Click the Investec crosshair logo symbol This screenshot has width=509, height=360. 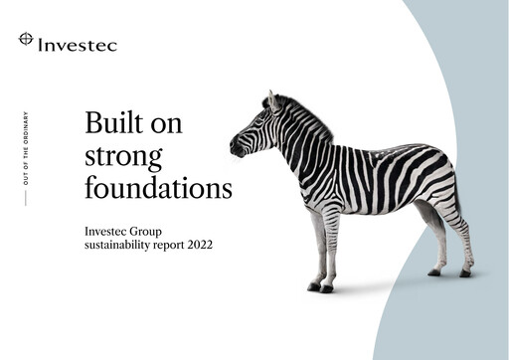pyautogui.click(x=26, y=40)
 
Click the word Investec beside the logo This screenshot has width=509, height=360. pyautogui.click(x=77, y=44)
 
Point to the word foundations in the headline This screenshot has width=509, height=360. pyautogui.click(x=157, y=187)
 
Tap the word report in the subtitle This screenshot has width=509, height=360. pyautogui.click(x=166, y=245)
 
